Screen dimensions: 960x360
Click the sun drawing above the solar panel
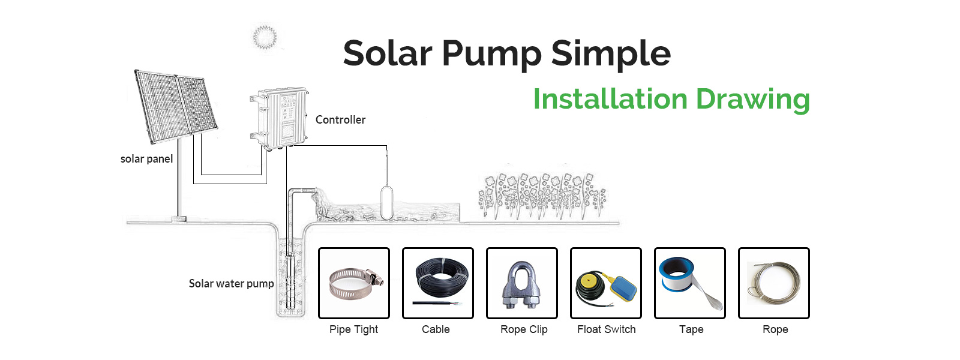pyautogui.click(x=265, y=37)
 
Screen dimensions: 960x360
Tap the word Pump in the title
pyautogui.click(x=491, y=55)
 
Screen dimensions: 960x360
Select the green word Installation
pyautogui.click(x=610, y=99)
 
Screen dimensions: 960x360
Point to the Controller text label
pyautogui.click(x=340, y=119)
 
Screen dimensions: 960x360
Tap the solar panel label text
pyautogui.click(x=146, y=159)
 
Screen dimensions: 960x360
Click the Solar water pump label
pyautogui.click(x=231, y=284)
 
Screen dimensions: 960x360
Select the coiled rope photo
pyautogui.click(x=773, y=283)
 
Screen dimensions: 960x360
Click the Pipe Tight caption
pyautogui.click(x=353, y=329)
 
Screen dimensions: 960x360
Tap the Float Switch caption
pyautogui.click(x=607, y=329)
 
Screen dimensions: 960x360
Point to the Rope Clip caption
pyautogui.click(x=524, y=329)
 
